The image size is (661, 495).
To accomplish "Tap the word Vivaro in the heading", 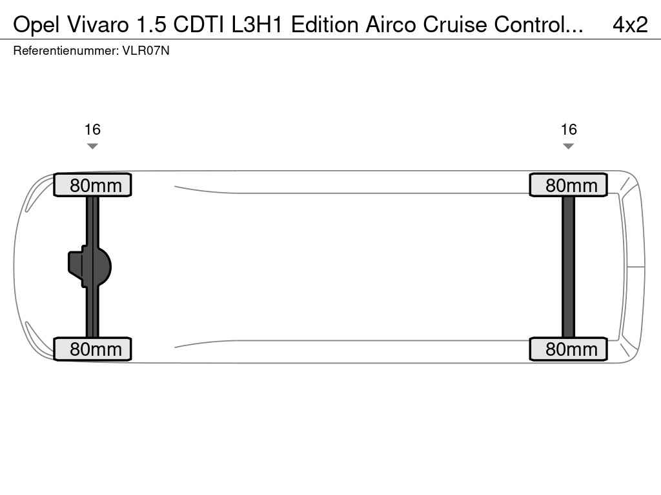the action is pos(97,25).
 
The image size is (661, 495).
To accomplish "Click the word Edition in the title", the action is pos(325,25).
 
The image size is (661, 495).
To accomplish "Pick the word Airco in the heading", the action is pos(392,25).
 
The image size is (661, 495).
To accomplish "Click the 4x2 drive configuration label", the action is pos(630,25).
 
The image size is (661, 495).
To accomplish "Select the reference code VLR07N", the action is pos(146,51).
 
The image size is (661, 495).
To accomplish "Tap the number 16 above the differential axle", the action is pos(92,129).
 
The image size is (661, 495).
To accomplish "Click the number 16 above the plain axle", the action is pos(569,129).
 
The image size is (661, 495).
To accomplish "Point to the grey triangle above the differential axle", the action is pos(92,146).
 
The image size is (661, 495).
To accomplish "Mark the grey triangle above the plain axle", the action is pos(568,146).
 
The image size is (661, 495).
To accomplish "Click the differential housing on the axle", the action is pos(89,266).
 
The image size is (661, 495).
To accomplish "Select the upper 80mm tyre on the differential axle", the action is pos(93,185).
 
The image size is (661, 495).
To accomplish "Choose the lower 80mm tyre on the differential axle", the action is pos(93,349).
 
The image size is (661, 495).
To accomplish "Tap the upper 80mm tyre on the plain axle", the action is pos(568,185).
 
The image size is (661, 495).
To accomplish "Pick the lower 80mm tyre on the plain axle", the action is pos(568,349).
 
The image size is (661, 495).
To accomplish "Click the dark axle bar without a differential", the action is pos(568,267).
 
